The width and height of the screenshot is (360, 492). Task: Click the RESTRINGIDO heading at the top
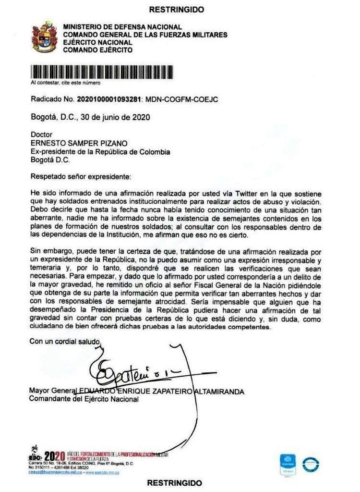176,10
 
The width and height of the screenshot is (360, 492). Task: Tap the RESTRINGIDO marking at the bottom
174,482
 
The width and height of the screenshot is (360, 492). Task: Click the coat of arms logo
44,37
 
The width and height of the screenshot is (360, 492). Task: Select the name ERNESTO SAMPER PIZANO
71,144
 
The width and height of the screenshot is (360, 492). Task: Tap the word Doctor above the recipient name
41,135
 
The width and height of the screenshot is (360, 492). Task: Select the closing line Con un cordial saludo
65,342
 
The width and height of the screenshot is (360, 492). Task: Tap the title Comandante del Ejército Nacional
84,399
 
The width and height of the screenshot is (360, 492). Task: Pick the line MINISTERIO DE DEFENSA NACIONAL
122,27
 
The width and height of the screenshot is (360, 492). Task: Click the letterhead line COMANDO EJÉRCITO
98,50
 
